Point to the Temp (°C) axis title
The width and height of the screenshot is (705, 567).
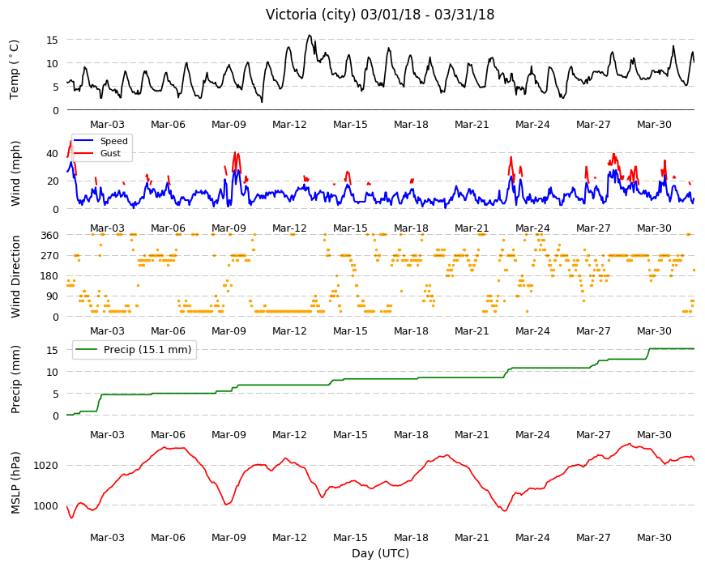point(15,70)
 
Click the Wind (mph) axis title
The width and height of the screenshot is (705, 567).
point(15,173)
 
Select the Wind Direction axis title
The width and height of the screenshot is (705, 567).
point(15,277)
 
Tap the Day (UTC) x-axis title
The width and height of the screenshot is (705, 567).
point(380,553)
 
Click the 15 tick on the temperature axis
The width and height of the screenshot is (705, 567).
point(52,40)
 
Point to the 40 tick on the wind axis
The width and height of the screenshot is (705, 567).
point(52,154)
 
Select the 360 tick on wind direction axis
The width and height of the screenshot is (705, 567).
point(49,236)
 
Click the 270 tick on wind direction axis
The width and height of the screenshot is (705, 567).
point(49,256)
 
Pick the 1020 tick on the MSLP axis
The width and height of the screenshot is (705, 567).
point(46,466)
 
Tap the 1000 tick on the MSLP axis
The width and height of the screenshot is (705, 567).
point(46,506)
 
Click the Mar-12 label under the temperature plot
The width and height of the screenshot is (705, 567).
point(289,125)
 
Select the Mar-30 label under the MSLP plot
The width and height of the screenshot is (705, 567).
point(654,537)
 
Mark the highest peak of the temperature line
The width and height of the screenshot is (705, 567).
point(310,35)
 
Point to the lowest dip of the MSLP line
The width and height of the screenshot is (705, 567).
point(71,518)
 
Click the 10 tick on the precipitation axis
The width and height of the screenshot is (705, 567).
point(52,372)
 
